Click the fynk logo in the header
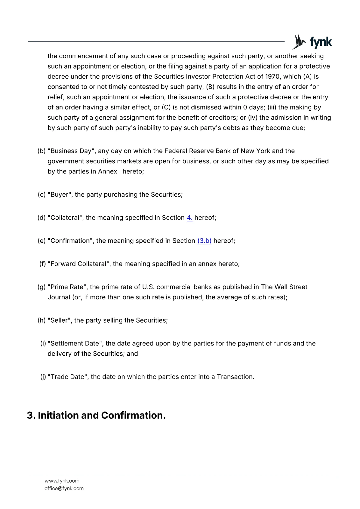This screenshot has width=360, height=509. click(x=312, y=42)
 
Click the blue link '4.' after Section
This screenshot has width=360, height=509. click(x=189, y=218)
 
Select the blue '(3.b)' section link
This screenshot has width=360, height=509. click(x=204, y=241)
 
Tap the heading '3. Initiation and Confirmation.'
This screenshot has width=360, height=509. click(x=96, y=415)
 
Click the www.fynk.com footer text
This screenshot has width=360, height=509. click(x=62, y=481)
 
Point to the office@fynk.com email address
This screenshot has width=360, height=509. click(x=64, y=488)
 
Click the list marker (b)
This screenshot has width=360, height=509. click(x=41, y=151)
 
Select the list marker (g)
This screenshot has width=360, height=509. click(x=41, y=287)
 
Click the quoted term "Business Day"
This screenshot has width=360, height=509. click(x=72, y=151)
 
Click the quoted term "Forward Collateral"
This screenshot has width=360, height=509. click(x=79, y=264)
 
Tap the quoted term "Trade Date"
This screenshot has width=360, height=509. click(x=68, y=377)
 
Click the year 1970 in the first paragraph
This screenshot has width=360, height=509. click(x=272, y=77)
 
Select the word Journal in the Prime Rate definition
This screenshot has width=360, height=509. click(x=59, y=297)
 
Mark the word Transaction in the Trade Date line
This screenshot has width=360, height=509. click(x=235, y=377)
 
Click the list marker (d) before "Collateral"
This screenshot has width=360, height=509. click(x=41, y=218)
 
